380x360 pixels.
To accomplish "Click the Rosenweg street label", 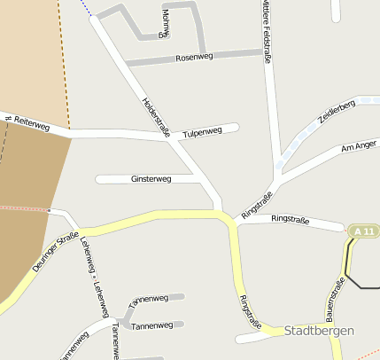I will pos(196,58).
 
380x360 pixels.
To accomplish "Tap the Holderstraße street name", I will pos(156,115).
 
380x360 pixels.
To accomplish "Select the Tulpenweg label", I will pos(202,132).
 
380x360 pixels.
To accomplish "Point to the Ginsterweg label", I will pos(151,179).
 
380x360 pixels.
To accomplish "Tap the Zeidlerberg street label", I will pos(337,117).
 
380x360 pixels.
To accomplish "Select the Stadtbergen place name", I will pos(319,331).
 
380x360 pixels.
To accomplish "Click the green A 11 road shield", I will pos(363,231).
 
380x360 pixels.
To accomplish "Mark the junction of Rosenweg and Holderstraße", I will pos(126,64).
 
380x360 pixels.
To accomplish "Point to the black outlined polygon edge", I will pos(347,266).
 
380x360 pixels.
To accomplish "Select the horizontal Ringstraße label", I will pos(291,218).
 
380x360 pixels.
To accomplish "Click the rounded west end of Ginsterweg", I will pos(99,179).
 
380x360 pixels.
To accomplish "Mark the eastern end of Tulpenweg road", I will pos(236,127).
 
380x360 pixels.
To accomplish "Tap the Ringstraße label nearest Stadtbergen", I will pos(251,313).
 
